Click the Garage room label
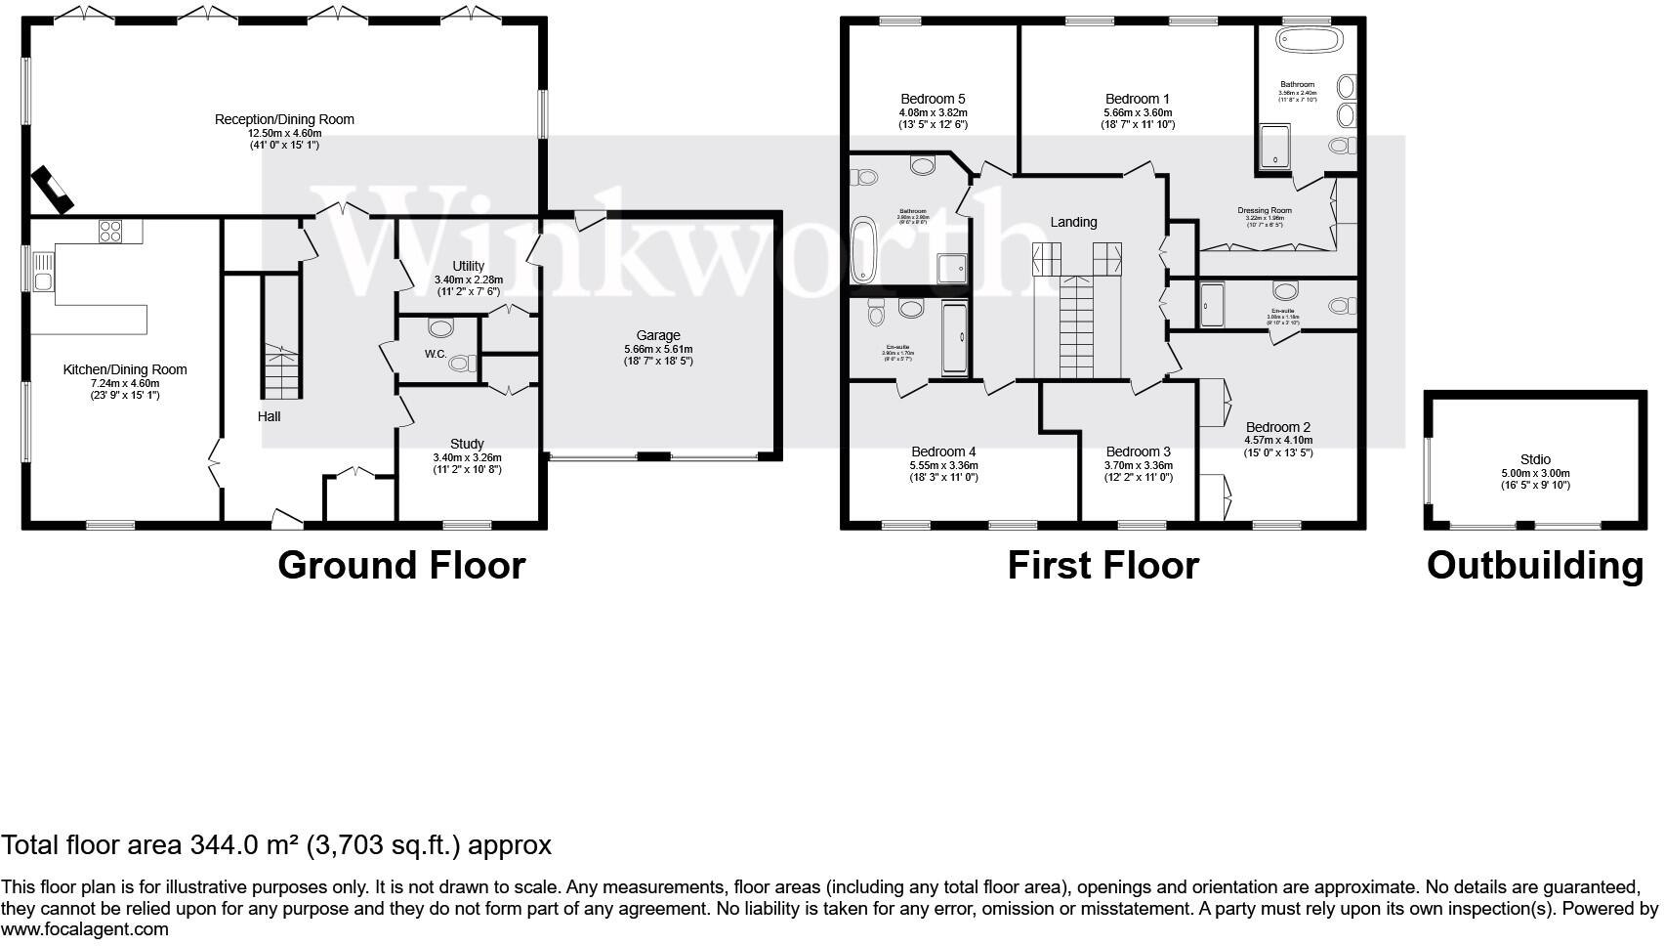pyautogui.click(x=658, y=335)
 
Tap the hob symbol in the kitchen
pyautogui.click(x=109, y=232)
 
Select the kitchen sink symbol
pyautogui.click(x=43, y=273)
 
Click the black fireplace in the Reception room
pyautogui.click(x=52, y=191)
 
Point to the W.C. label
pyautogui.click(x=436, y=354)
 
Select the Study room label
pyautogui.click(x=467, y=444)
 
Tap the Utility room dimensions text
pyautogui.click(x=468, y=285)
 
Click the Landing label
pyautogui.click(x=1073, y=222)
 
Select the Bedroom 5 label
pyautogui.click(x=933, y=99)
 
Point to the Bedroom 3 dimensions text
pyautogui.click(x=1138, y=471)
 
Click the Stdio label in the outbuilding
pyautogui.click(x=1535, y=459)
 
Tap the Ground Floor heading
pyautogui.click(x=401, y=566)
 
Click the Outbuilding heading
pyautogui.click(x=1535, y=566)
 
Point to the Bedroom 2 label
pyautogui.click(x=1277, y=427)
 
